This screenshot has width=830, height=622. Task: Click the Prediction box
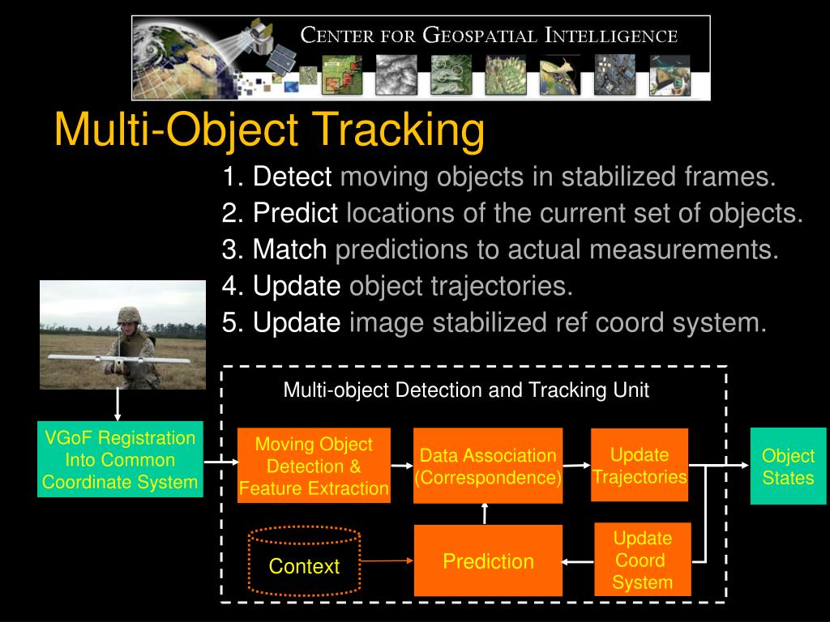pyautogui.click(x=488, y=560)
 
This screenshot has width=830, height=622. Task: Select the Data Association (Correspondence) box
pyautogui.click(x=488, y=466)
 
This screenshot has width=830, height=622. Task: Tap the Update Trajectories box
pyautogui.click(x=640, y=466)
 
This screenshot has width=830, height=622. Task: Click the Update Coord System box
pyautogui.click(x=642, y=560)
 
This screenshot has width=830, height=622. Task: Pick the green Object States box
pyautogui.click(x=787, y=466)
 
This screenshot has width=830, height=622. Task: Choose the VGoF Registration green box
pyautogui.click(x=120, y=460)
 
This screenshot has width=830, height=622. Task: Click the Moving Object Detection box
pyautogui.click(x=314, y=466)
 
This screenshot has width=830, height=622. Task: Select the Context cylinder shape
pyautogui.click(x=304, y=562)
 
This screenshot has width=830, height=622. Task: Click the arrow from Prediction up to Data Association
pyautogui.click(x=485, y=513)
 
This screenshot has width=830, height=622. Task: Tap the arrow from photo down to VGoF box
pyautogui.click(x=118, y=405)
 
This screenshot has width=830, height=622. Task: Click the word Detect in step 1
pyautogui.click(x=292, y=177)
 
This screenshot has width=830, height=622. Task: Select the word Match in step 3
pyautogui.click(x=289, y=249)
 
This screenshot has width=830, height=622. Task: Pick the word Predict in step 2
pyautogui.click(x=295, y=213)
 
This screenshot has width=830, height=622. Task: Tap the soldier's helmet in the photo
pyautogui.click(x=129, y=315)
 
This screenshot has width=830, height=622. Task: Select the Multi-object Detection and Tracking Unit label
pyautogui.click(x=466, y=390)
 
